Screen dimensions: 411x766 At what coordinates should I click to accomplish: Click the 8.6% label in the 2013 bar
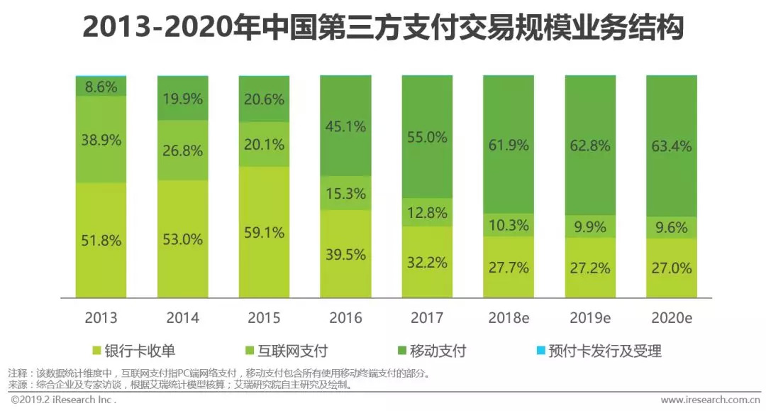pos(101,87)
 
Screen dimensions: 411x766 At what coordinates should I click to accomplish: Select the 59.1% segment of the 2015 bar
pos(264,232)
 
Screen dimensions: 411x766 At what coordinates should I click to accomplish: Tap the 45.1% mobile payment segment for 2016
pos(345,127)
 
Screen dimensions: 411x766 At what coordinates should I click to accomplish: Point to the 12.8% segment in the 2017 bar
pos(427,212)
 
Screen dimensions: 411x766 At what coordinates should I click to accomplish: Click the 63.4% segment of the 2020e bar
pos(671,146)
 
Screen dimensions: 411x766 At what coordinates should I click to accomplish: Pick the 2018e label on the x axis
pos(509,317)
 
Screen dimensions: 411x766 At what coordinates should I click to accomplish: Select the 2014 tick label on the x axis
pos(182,317)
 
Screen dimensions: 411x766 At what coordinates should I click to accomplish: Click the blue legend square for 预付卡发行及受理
pos(540,350)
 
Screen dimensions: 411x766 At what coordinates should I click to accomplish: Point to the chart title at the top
pos(383,28)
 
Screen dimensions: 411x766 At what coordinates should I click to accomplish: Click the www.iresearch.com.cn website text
pos(709,400)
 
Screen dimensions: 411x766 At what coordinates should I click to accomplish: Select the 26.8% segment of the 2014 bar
pos(182,150)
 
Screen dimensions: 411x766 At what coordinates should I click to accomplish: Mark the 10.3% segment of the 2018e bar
pos(509,225)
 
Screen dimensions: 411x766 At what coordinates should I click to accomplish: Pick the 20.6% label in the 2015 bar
pos(264,100)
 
